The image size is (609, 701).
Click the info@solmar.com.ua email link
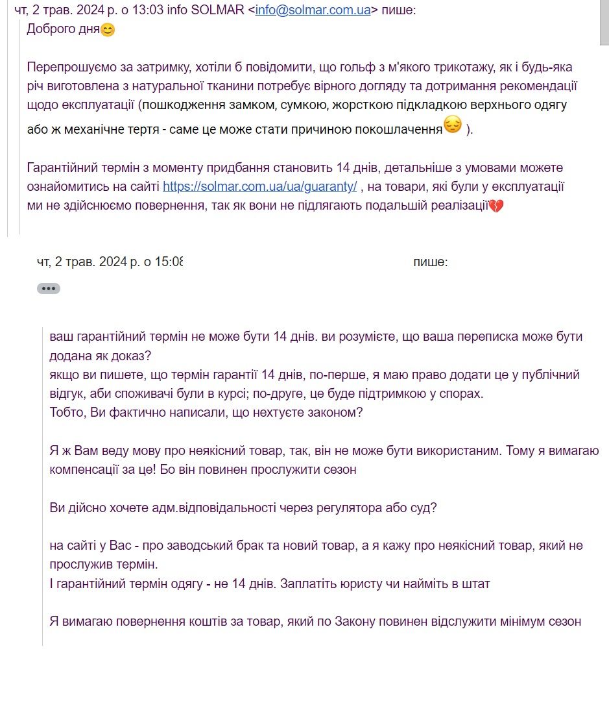(313, 10)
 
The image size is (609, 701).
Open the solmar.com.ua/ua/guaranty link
(259, 186)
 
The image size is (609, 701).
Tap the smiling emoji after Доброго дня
(108, 30)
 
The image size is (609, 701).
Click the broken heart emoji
(496, 206)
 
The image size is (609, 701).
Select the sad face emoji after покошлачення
(452, 125)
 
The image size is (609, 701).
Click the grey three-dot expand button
(49, 289)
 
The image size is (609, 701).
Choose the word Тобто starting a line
(66, 413)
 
